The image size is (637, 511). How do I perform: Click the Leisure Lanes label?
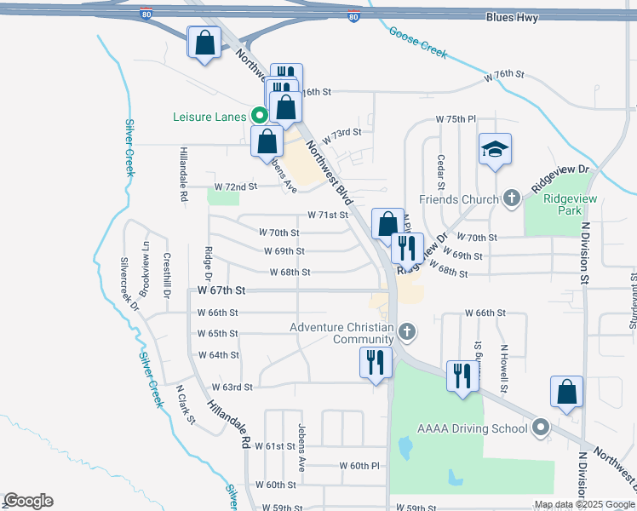[209, 116]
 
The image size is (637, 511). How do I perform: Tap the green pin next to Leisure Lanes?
[256, 115]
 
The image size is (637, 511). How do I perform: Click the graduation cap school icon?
[495, 152]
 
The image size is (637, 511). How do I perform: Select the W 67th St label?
[221, 290]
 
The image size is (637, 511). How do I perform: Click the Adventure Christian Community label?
[341, 333]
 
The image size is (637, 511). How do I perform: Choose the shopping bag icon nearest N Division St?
[566, 393]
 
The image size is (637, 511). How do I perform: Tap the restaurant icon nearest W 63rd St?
[376, 364]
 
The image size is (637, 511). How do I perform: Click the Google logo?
[28, 501]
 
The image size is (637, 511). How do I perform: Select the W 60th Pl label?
[359, 466]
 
